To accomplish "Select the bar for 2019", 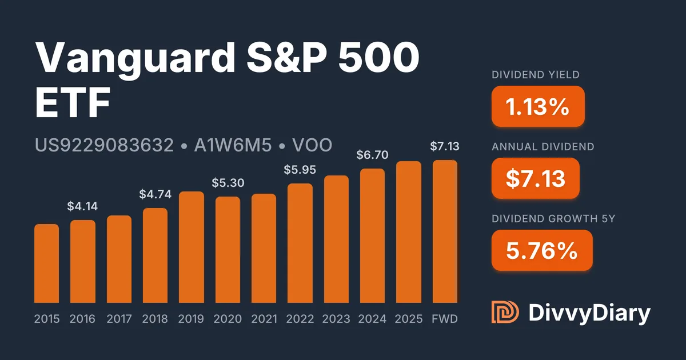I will pos(192,247).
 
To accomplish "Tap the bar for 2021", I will pos(264,248).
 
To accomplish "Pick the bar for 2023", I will pos(336,239).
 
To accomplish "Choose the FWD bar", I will pos(445,231).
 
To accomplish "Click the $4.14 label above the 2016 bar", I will pos(83,207).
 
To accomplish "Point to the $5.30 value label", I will pos(228,183).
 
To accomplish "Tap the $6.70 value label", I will pos(372,155).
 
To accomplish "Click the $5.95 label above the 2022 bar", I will pos(300,170).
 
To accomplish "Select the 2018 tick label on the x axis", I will pos(155,319).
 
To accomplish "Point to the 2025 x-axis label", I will pos(409,319).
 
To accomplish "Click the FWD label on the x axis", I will pos(445,319).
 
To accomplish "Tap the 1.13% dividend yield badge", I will pos(537,106).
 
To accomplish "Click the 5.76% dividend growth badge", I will pos(541,250).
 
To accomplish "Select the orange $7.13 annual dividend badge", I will pos(535,178).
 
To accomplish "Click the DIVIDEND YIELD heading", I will pos(536,75).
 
